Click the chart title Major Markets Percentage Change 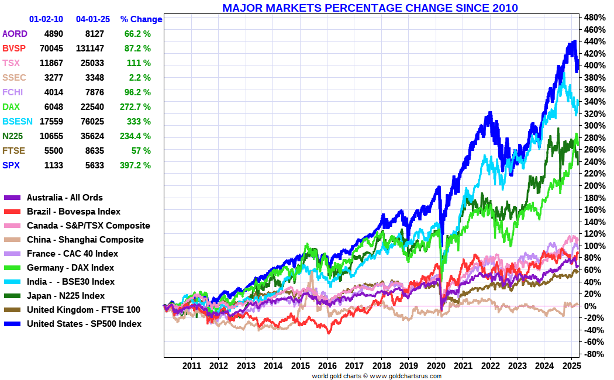point(370,8)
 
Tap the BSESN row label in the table point(15,122)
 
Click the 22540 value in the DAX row point(92,107)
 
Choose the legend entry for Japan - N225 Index point(65,296)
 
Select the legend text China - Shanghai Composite point(85,240)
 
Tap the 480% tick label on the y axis point(593,17)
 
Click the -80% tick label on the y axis point(593,354)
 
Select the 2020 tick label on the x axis point(436,365)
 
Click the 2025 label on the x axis point(571,365)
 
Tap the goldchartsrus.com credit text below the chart point(377,376)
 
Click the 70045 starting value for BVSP point(46,49)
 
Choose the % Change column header point(141,19)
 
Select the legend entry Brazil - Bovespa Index point(73,212)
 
